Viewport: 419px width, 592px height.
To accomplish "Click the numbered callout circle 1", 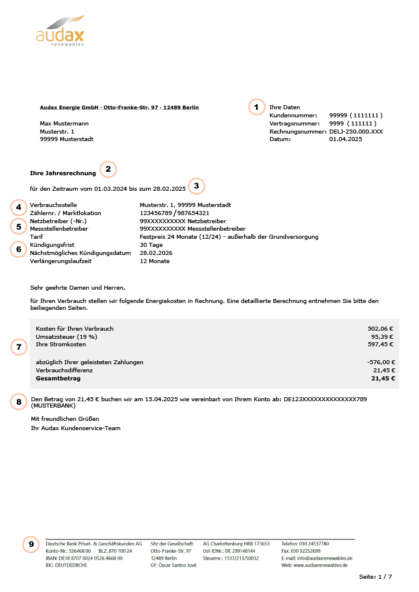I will click(255, 107).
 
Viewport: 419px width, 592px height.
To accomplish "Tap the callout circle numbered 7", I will click(19, 347).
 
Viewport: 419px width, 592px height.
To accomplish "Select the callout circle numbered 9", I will click(31, 544).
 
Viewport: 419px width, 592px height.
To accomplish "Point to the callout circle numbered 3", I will click(197, 186).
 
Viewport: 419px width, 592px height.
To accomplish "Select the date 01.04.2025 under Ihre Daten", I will click(346, 139).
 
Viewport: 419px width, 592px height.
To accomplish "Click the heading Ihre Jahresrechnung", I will click(63, 172).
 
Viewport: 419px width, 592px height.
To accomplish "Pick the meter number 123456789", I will click(156, 213).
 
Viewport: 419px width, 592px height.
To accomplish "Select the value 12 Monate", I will click(155, 261).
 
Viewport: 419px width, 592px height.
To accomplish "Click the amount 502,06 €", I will click(380, 328).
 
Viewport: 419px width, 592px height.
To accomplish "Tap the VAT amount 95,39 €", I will click(382, 336).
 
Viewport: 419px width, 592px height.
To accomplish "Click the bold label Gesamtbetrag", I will click(58, 379).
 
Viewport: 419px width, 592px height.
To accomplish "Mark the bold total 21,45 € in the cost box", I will click(383, 379).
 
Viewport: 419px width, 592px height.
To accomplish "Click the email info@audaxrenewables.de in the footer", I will click(317, 558).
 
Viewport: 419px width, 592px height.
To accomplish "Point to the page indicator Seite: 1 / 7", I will click(375, 577).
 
